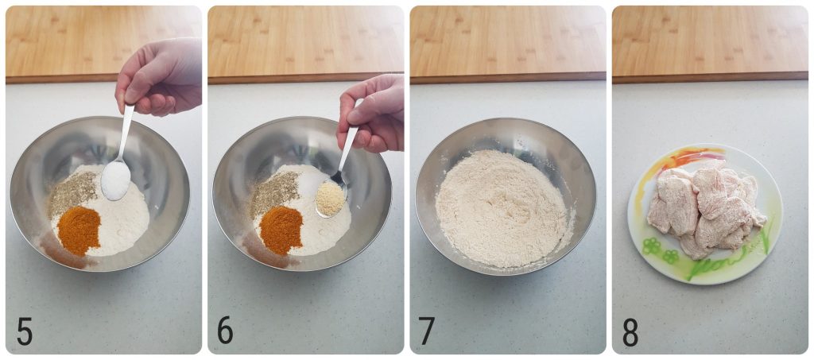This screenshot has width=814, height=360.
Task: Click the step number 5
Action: [24, 331]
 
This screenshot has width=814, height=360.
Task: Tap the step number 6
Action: [226, 331]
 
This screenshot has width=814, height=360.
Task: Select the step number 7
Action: [428, 331]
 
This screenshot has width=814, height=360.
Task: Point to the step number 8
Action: [630, 331]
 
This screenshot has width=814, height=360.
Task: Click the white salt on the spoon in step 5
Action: [115, 180]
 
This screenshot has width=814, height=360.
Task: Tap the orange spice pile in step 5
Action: [79, 229]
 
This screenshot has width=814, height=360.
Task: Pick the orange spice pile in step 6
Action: [281, 229]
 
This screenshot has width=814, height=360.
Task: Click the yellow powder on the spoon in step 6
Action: [329, 198]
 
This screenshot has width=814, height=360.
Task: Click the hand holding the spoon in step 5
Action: [163, 75]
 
